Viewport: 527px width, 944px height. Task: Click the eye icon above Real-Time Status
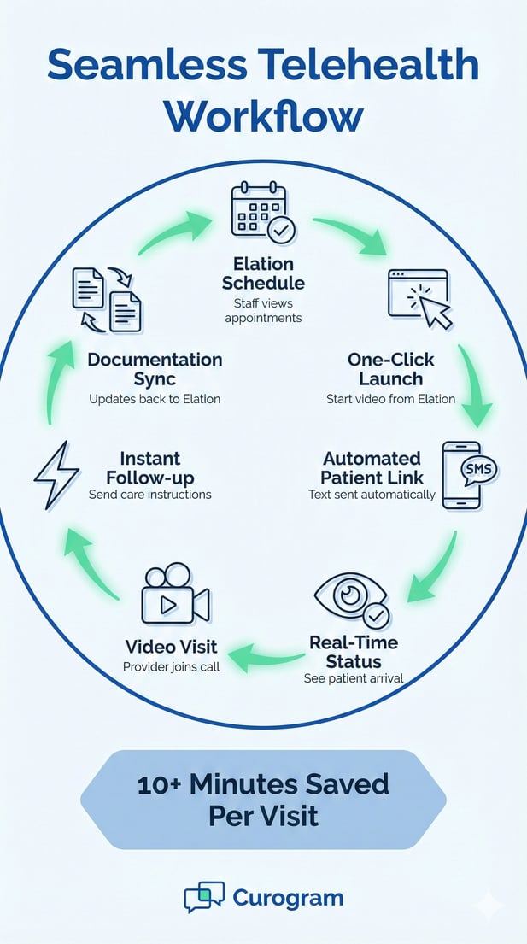(351, 598)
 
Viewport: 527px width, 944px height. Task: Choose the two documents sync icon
(107, 298)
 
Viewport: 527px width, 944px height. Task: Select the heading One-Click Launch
(390, 369)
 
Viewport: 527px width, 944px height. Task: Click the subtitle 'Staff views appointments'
(263, 311)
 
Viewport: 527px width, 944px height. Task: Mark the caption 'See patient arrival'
(353, 678)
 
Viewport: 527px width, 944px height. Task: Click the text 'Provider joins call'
(172, 666)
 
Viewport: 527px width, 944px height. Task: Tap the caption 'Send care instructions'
(149, 495)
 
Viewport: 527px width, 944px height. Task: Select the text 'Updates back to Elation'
(155, 399)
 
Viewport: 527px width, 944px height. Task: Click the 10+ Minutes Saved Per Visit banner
(263, 800)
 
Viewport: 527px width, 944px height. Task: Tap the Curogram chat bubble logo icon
(204, 898)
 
